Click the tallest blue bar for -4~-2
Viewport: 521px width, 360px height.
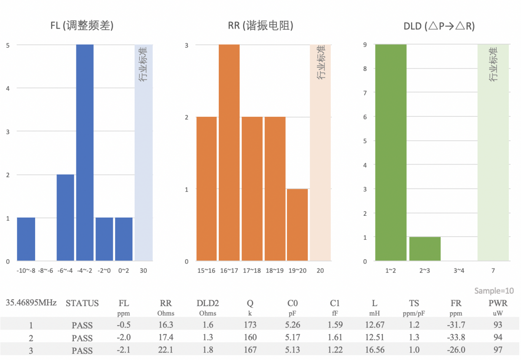[x=85, y=152]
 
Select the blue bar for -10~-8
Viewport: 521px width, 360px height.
[x=26, y=239]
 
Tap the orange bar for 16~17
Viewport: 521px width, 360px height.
[x=229, y=152]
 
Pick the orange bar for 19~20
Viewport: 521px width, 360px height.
[x=297, y=225]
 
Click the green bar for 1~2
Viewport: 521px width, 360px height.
[x=391, y=152]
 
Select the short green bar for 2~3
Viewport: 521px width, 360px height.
[x=425, y=249]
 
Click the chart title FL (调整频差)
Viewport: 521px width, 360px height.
[x=82, y=26]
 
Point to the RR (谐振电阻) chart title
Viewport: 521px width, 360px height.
[x=260, y=26]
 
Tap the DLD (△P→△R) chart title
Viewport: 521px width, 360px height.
[x=439, y=26]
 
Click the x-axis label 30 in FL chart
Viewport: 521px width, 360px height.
[x=143, y=271]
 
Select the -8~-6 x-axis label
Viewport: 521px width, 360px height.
[x=46, y=271]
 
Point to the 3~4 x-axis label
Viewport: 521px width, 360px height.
[x=459, y=271]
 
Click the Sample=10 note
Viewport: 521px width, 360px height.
[x=494, y=291]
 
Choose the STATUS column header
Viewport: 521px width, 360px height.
[x=82, y=303]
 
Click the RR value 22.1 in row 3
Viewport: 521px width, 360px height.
[x=166, y=350]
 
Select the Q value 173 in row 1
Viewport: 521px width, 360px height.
[x=250, y=324]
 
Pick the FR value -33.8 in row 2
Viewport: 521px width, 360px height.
[x=456, y=337]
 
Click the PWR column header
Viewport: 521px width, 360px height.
[x=498, y=303]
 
